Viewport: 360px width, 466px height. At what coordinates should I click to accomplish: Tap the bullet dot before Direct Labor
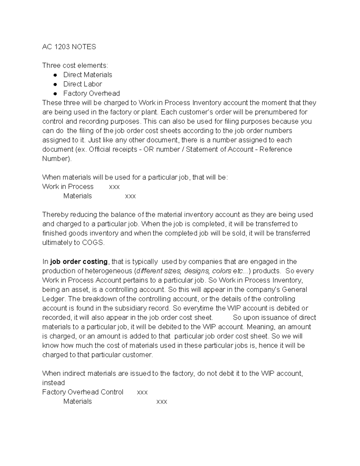(55, 84)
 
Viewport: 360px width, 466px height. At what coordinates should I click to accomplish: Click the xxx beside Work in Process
(114, 187)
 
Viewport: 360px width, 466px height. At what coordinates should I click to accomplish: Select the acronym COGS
(93, 243)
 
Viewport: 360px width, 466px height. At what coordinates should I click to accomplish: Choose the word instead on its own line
(53, 383)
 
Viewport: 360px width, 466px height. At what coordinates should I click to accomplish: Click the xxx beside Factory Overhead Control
(142, 392)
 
